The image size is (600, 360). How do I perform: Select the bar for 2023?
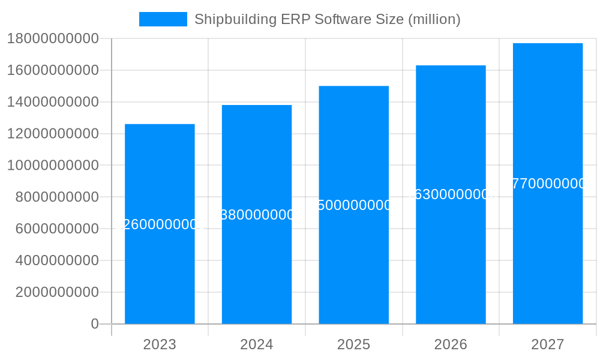(x=160, y=270)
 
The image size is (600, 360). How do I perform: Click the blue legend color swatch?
(x=163, y=19)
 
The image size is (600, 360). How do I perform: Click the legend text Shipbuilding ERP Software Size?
(x=327, y=19)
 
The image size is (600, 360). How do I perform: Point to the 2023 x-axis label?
(x=160, y=344)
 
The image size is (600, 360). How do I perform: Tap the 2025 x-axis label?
(x=354, y=344)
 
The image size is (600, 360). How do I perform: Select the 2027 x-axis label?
(x=548, y=344)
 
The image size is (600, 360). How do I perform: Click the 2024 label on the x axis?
(x=257, y=344)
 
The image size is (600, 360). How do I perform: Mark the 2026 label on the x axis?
(x=451, y=344)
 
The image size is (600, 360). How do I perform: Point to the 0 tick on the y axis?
(x=95, y=324)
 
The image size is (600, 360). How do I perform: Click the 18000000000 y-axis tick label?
(x=53, y=39)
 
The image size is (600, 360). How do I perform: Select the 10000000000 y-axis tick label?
(x=53, y=166)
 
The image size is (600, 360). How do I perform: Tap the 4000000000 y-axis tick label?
(x=57, y=260)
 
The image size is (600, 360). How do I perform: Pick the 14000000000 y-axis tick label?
(x=53, y=102)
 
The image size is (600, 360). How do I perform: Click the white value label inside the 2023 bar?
(x=160, y=224)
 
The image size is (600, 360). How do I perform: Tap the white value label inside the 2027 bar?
(x=548, y=184)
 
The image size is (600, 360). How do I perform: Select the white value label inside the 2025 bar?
(x=354, y=205)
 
